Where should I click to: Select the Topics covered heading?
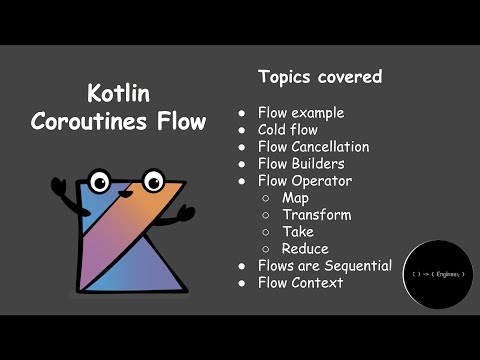(x=319, y=77)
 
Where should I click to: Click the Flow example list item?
(x=299, y=112)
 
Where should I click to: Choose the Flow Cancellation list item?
(x=313, y=147)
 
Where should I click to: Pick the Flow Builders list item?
(x=300, y=164)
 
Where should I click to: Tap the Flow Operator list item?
(x=304, y=181)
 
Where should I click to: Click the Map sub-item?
(x=295, y=198)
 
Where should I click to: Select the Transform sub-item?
(x=316, y=215)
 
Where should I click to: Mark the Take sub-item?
(x=297, y=232)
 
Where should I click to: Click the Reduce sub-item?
(x=305, y=249)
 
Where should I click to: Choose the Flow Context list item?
(x=300, y=283)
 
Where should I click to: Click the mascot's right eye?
(x=152, y=181)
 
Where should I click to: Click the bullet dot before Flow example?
(x=242, y=113)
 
